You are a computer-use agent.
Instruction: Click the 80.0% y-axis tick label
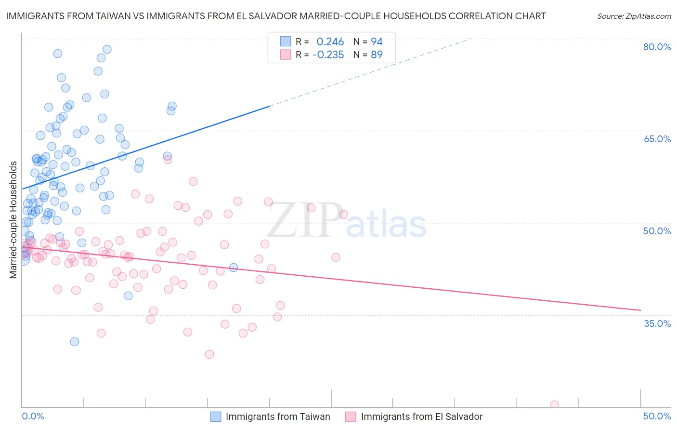pyautogui.click(x=657, y=47)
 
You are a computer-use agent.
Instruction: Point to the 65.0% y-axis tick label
pyautogui.click(x=657, y=139)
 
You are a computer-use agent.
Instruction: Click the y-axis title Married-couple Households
pyautogui.click(x=13, y=220)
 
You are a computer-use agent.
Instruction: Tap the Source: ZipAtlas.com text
pyautogui.click(x=634, y=16)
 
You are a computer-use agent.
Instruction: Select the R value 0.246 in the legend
pyautogui.click(x=330, y=42)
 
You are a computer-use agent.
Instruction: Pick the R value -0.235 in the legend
pyautogui.click(x=328, y=55)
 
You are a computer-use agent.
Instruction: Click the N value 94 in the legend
pyautogui.click(x=377, y=42)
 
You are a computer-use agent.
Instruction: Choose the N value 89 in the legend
pyautogui.click(x=377, y=55)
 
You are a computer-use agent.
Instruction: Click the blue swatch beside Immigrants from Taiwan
pyautogui.click(x=216, y=417)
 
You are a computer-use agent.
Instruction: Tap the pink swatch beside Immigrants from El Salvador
pyautogui.click(x=351, y=417)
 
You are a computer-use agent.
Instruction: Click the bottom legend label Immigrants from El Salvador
pyautogui.click(x=421, y=417)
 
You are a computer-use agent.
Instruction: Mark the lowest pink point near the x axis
pyautogui.click(x=554, y=405)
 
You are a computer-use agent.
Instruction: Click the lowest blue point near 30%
pyautogui.click(x=75, y=342)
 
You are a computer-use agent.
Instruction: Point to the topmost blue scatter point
pyautogui.click(x=107, y=50)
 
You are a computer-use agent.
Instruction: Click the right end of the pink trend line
pyautogui.click(x=640, y=310)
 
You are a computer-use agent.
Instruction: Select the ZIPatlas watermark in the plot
pyautogui.click(x=347, y=221)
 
